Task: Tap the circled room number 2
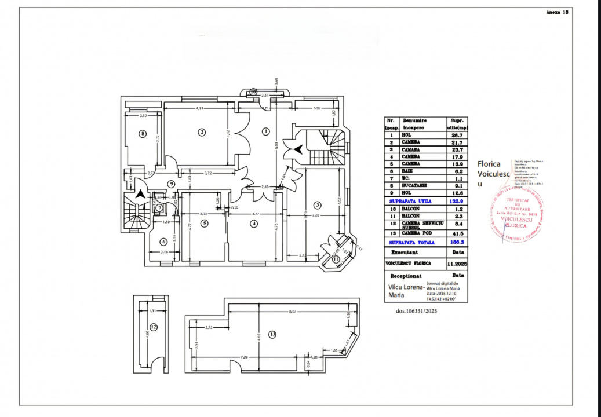coord(202,132)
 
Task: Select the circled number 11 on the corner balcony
coord(337,259)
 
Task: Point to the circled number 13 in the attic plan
coord(272,334)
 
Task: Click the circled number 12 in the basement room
coord(154,327)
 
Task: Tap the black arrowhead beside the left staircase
coord(140,195)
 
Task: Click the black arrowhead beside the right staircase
coord(297,149)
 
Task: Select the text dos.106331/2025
coord(416,311)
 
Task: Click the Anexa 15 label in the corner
coord(557,12)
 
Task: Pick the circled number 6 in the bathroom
coord(164,242)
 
